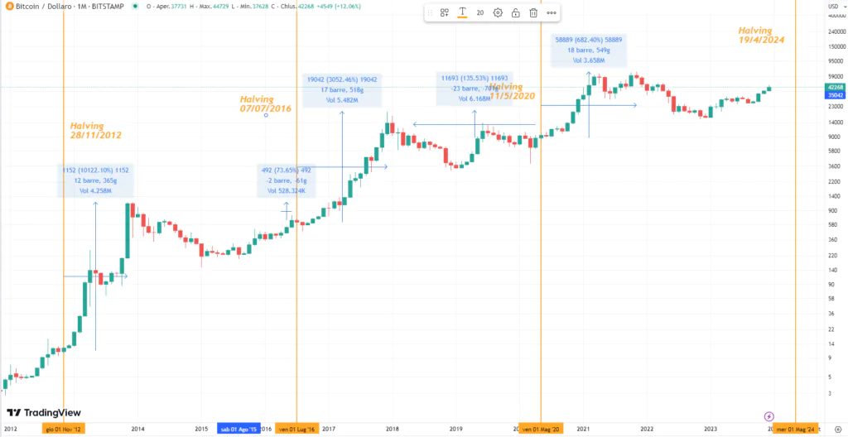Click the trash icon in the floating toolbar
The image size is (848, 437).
pos(533,12)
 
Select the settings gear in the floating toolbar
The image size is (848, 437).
pos(498,12)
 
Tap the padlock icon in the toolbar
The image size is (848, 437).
pos(515,12)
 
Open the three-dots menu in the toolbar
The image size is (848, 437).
pos(552,12)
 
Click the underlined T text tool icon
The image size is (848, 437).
pos(462,12)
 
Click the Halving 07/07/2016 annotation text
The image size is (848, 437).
pos(266,104)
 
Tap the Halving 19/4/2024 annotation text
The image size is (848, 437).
pos(761,35)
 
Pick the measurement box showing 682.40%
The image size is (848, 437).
pos(589,50)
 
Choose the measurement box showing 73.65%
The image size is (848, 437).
pos(286,180)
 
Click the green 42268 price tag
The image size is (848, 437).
pos(835,87)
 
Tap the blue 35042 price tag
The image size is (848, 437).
pos(835,95)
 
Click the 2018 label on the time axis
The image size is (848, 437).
pos(393,429)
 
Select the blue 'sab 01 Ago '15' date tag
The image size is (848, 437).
pos(238,429)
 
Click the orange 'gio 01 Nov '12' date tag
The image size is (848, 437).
pos(64,429)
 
